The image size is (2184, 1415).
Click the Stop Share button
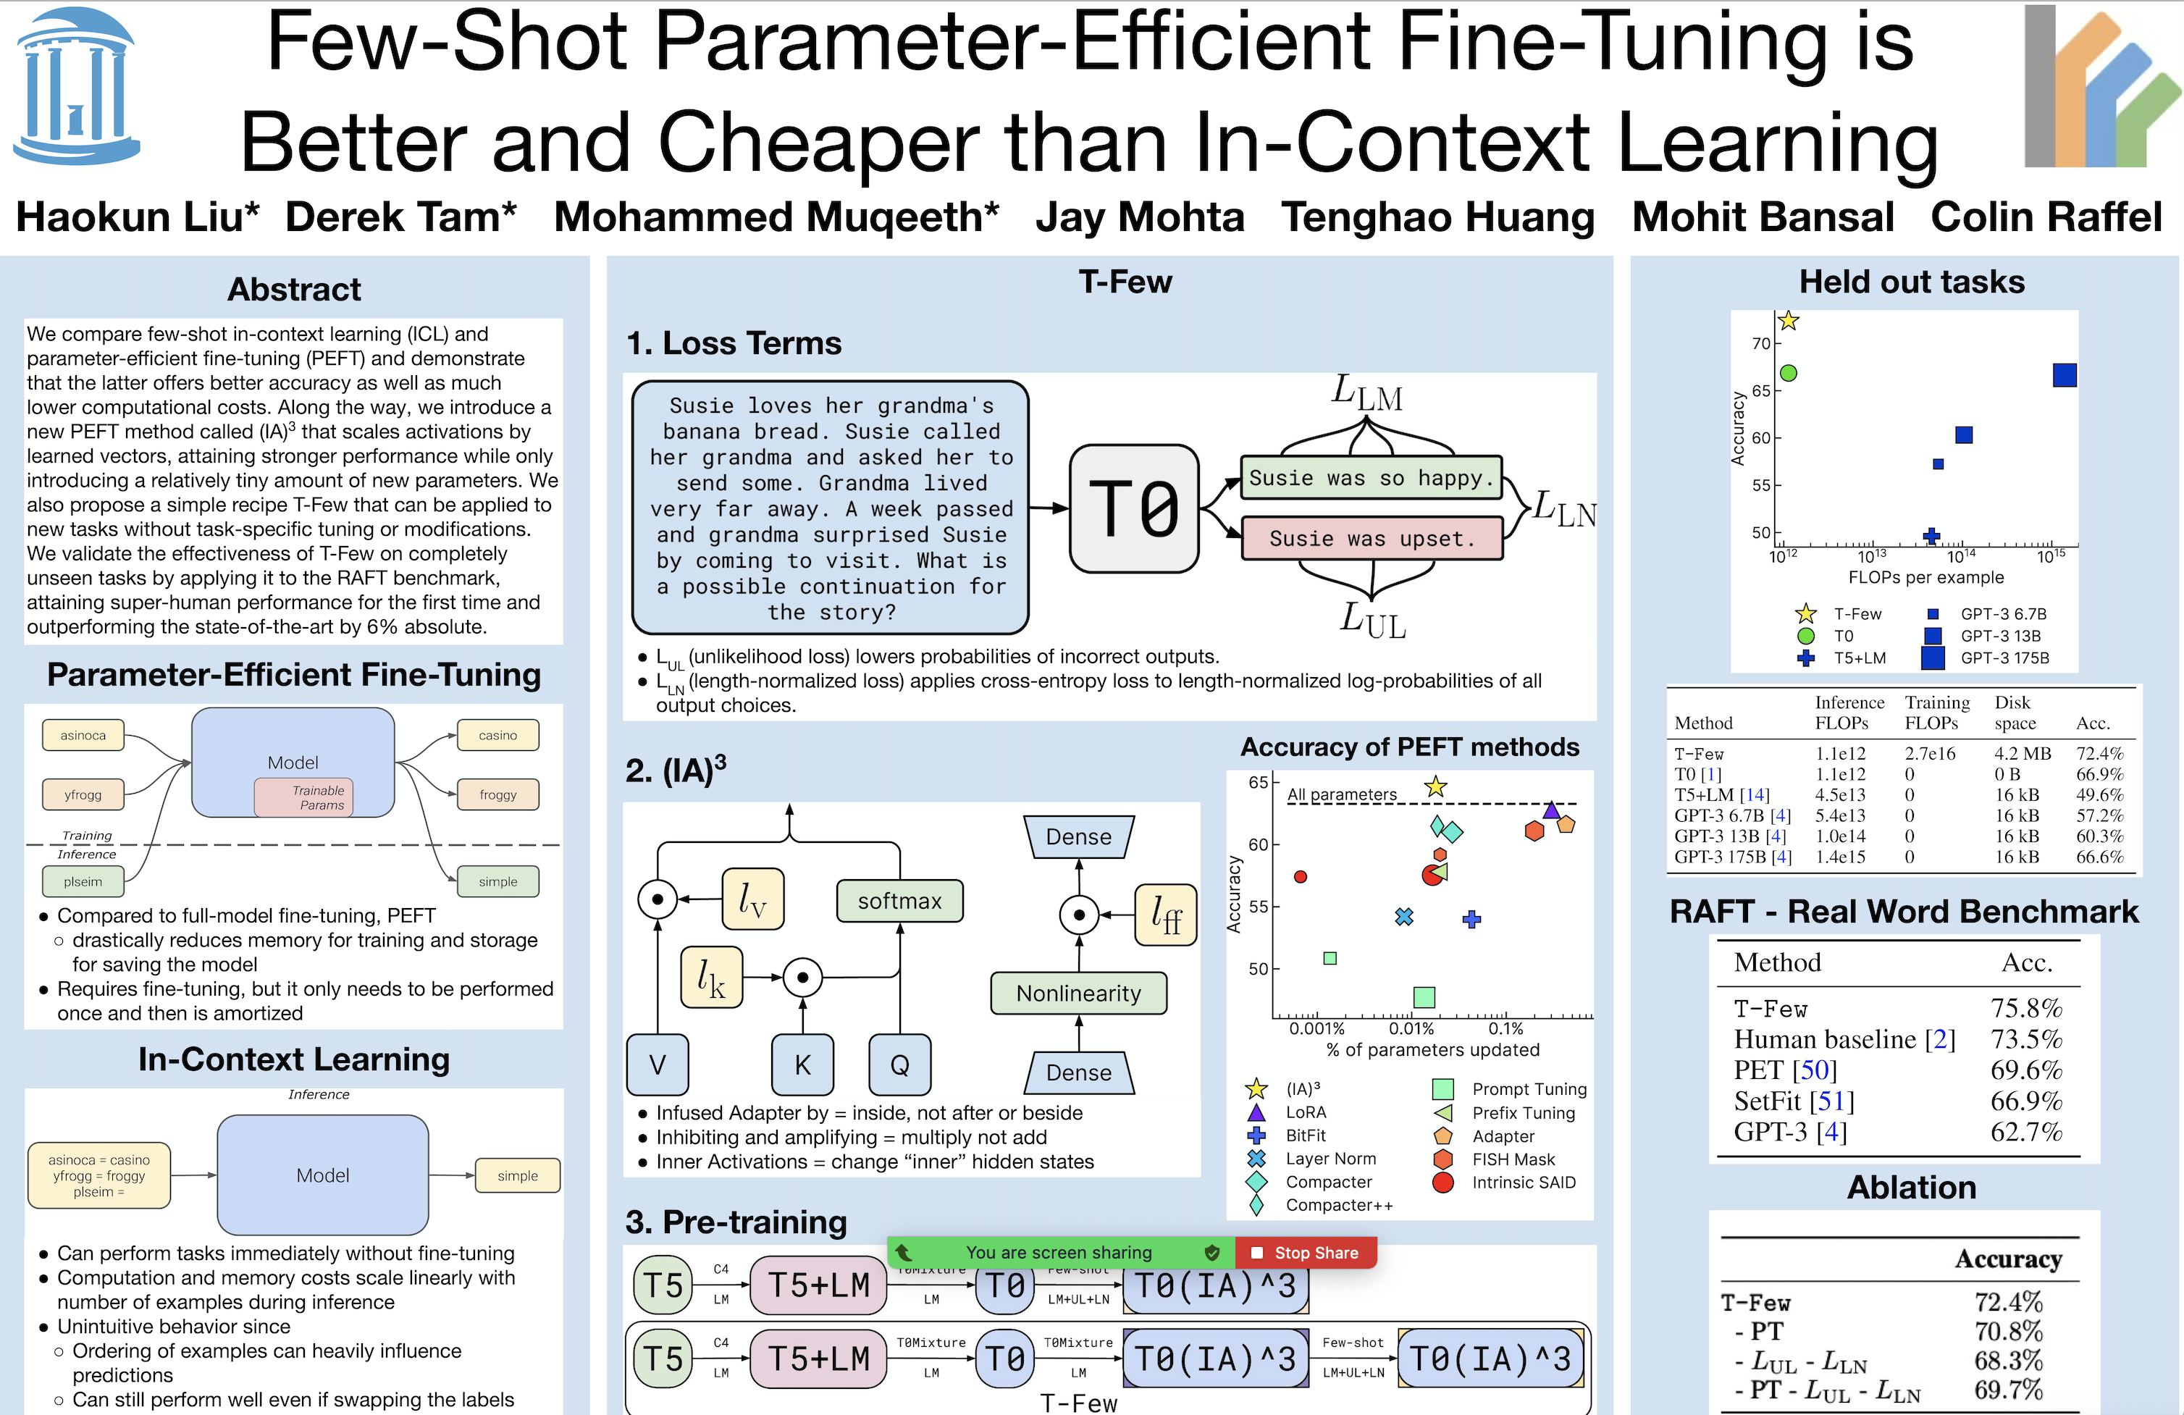coord(1306,1253)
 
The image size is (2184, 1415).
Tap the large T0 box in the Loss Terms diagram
coord(1134,508)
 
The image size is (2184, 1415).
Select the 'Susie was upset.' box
coord(1372,539)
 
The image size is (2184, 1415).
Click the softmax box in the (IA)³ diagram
coord(899,901)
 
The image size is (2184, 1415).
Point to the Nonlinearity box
coord(1078,993)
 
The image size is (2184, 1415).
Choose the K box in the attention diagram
coord(802,1065)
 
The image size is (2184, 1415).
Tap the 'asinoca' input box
coord(83,735)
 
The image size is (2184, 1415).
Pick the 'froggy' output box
coord(497,794)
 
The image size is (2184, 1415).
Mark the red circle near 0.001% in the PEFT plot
coord(1301,876)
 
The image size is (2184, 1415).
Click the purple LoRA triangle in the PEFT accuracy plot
coord(1551,810)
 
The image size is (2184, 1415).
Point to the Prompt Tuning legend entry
coord(1528,1089)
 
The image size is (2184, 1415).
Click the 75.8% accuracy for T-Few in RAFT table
coord(2025,1009)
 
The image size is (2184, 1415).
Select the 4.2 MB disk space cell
coord(2022,753)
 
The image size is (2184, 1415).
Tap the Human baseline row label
coord(1844,1040)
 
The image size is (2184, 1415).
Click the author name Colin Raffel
coord(2046,217)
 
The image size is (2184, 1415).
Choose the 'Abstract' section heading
coord(294,289)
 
